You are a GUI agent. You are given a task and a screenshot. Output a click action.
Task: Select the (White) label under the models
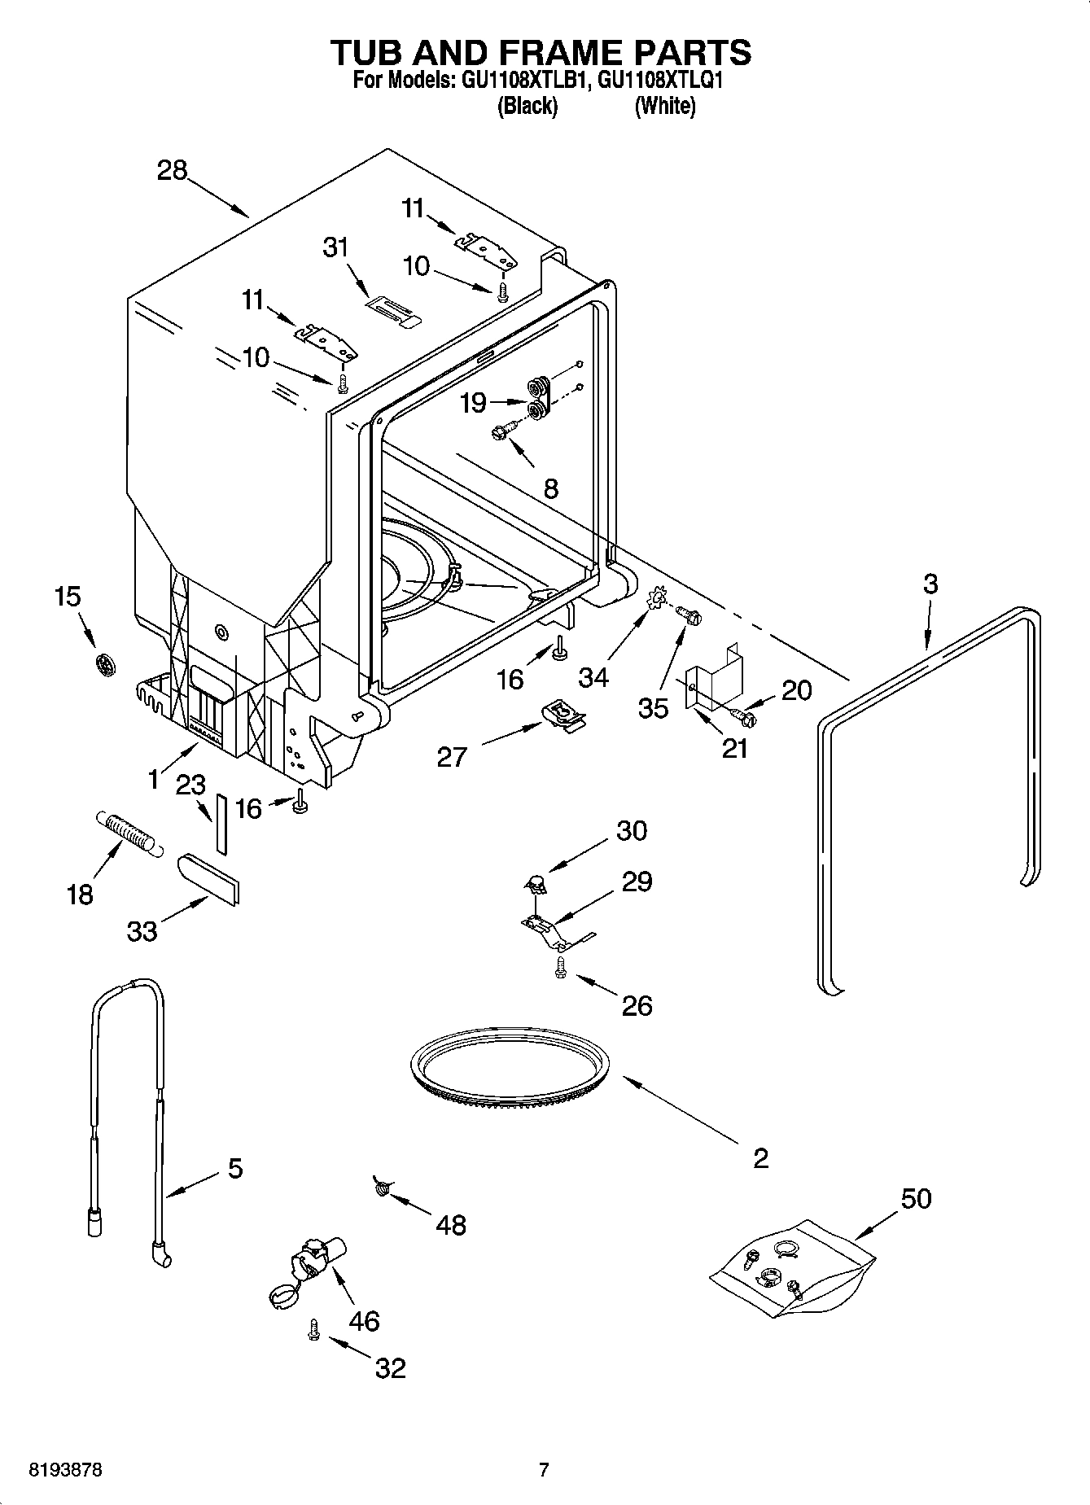664,106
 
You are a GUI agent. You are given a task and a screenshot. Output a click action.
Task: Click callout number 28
173,170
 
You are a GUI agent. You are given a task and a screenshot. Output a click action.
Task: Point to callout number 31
335,247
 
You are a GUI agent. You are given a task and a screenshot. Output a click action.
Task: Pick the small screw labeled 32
313,1330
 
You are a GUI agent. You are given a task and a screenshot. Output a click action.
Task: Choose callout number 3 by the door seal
930,584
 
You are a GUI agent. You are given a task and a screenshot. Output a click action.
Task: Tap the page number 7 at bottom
544,1470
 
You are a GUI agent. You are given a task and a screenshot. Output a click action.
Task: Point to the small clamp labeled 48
380,1189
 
